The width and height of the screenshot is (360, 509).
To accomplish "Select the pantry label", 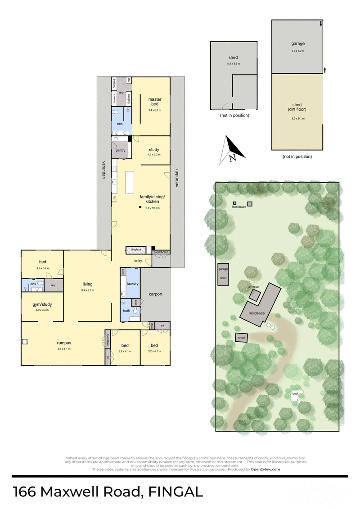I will (120, 150).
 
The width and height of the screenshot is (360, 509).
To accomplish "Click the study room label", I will (154, 150).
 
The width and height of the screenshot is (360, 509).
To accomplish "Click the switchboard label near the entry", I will (161, 252).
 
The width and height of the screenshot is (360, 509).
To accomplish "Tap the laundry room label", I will (133, 284).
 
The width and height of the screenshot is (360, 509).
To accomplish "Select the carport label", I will (155, 294).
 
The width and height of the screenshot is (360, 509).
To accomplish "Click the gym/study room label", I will (41, 304).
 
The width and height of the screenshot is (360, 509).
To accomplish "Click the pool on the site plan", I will (296, 394).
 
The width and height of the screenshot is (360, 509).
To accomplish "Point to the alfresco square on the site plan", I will (255, 295).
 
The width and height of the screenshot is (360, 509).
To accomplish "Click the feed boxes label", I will (238, 207).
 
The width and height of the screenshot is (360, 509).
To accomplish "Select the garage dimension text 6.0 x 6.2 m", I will (297, 51).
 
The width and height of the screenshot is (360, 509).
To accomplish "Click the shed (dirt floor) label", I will (297, 107).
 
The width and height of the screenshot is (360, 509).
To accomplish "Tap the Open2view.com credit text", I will (265, 469).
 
